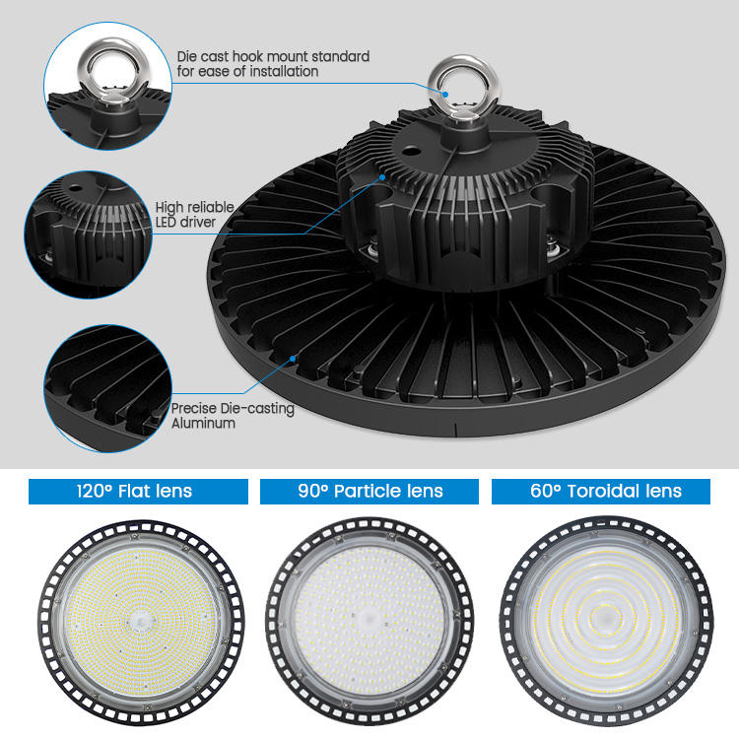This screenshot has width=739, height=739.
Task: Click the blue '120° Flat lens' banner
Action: coord(138,492)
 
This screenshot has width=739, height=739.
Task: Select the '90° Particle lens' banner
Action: coord(369,492)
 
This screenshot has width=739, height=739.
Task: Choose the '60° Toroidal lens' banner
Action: coord(601,492)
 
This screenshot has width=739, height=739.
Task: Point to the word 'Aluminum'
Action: coord(203,424)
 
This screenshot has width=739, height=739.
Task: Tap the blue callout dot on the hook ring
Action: coord(445,95)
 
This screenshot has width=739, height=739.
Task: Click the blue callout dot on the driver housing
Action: coord(382,177)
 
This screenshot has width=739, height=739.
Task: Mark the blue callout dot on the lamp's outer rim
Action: coord(293,359)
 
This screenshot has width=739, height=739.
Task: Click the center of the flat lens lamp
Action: coord(141,622)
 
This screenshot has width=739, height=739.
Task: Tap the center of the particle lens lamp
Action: coord(369,621)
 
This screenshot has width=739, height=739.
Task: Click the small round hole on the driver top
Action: coord(411,152)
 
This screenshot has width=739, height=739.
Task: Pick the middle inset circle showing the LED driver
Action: coord(88,235)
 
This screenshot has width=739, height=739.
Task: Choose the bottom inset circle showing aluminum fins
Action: coord(107,388)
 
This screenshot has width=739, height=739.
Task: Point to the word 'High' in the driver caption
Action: coord(169,208)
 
